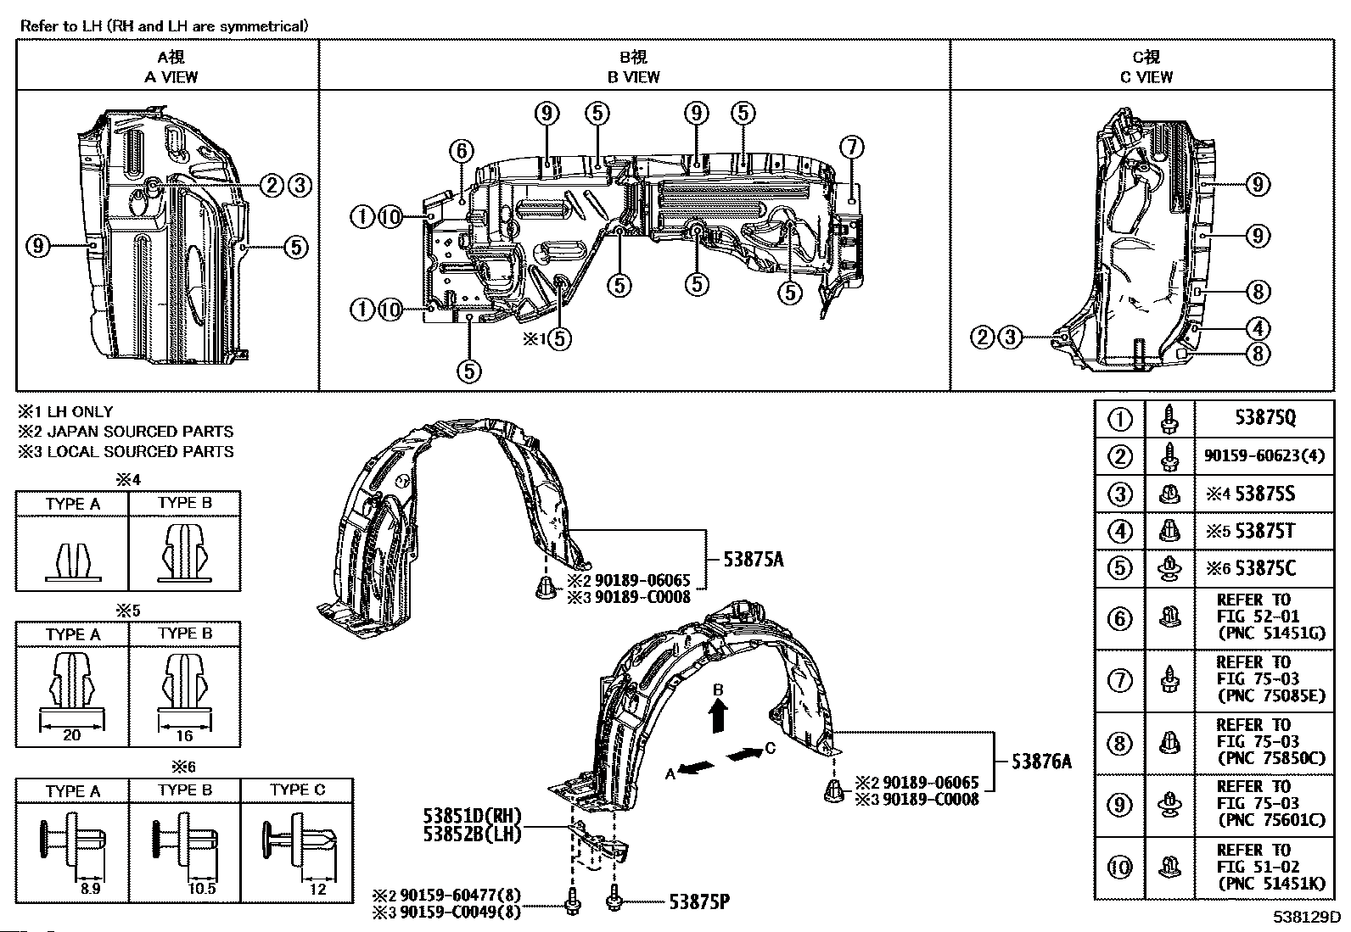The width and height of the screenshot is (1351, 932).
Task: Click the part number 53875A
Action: (x=754, y=560)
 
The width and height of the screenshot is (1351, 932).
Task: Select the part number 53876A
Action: (x=1041, y=762)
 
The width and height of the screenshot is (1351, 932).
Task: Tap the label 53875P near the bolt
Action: (x=699, y=901)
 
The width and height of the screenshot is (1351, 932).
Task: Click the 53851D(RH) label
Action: (x=472, y=816)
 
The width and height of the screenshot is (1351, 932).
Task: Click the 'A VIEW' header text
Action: (x=171, y=77)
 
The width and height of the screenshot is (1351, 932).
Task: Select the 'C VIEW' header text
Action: (x=1146, y=77)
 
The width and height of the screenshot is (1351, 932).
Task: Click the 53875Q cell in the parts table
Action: (x=1264, y=417)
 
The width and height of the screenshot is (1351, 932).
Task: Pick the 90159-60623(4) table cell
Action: (x=1264, y=455)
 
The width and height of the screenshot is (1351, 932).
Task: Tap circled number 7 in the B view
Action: (x=852, y=147)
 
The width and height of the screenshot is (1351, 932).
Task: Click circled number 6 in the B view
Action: (x=462, y=151)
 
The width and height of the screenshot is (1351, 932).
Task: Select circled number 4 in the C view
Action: (x=1259, y=328)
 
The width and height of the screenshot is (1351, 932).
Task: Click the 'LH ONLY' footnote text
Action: (x=80, y=412)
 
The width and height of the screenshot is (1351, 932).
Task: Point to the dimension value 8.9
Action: (x=91, y=889)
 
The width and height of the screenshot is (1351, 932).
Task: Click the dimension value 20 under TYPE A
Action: (x=72, y=735)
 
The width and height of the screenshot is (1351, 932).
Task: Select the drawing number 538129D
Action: (x=1306, y=917)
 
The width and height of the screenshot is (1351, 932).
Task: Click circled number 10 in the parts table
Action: (x=1119, y=868)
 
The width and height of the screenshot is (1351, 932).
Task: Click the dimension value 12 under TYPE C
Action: (x=317, y=889)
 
